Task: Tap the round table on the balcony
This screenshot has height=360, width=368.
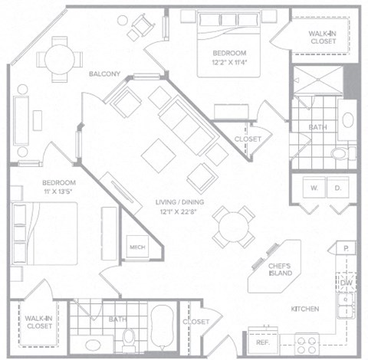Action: coord(58,58)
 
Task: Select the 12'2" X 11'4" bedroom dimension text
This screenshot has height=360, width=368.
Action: coord(229,63)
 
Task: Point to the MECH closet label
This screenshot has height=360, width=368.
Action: coord(139,248)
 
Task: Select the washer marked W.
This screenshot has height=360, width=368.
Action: coord(314,188)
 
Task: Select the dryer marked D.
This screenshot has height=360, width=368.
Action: coord(337,188)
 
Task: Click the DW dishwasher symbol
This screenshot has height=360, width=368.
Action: coord(346,282)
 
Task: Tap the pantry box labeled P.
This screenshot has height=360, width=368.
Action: coord(347,250)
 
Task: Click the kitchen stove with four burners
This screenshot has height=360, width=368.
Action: coord(308,342)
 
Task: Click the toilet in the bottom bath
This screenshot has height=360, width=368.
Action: coord(130,336)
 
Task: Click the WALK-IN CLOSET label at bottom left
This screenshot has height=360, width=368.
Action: coord(38,322)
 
